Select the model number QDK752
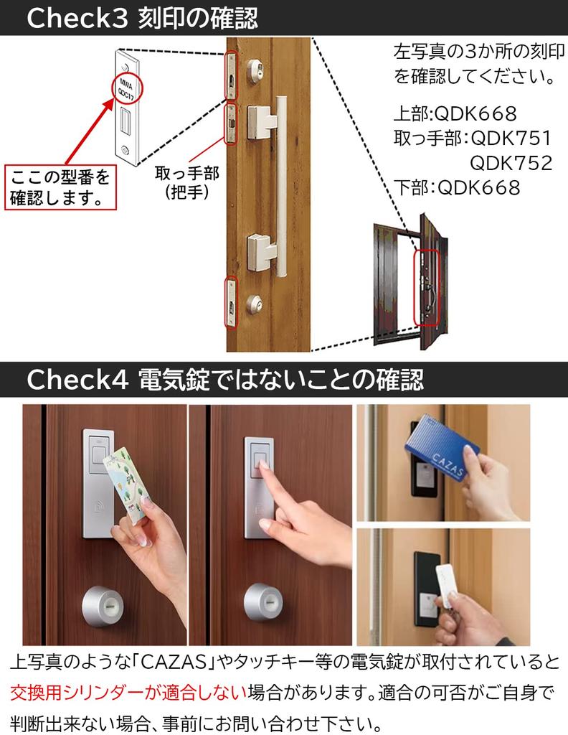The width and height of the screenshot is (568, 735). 511,163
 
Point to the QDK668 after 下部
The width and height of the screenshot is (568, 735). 478,187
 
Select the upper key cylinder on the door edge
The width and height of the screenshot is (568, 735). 255,71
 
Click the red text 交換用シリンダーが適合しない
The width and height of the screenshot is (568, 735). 128,693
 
